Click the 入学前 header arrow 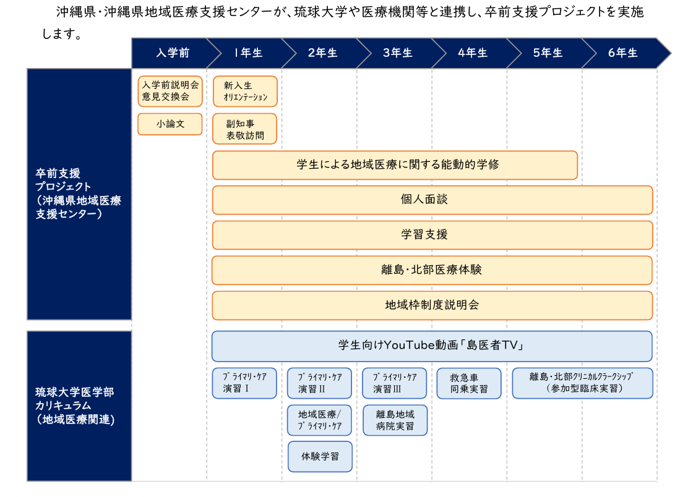pyautogui.click(x=173, y=53)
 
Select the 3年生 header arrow pyautogui.click(x=398, y=53)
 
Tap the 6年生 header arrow pyautogui.click(x=623, y=53)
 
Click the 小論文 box pyautogui.click(x=170, y=124)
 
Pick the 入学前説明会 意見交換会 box pyautogui.click(x=170, y=91)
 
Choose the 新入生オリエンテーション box pyautogui.click(x=245, y=91)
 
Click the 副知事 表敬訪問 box pyautogui.click(x=245, y=129)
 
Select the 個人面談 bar pyautogui.click(x=432, y=200)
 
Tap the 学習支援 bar pyautogui.click(x=432, y=235)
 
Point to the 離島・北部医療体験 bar pyautogui.click(x=432, y=270)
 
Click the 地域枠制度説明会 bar pyautogui.click(x=432, y=305)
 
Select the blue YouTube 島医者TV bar pyautogui.click(x=432, y=346)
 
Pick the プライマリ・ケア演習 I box pyautogui.click(x=244, y=383)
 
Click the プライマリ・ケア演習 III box pyautogui.click(x=395, y=383)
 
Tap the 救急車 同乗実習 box pyautogui.click(x=469, y=383)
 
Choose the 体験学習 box pyautogui.click(x=320, y=457)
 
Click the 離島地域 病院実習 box pyautogui.click(x=395, y=420)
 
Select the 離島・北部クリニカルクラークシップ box pyautogui.click(x=583, y=383)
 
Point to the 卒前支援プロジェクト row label pyautogui.click(x=79, y=194)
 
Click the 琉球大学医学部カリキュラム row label pyautogui.click(x=79, y=406)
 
